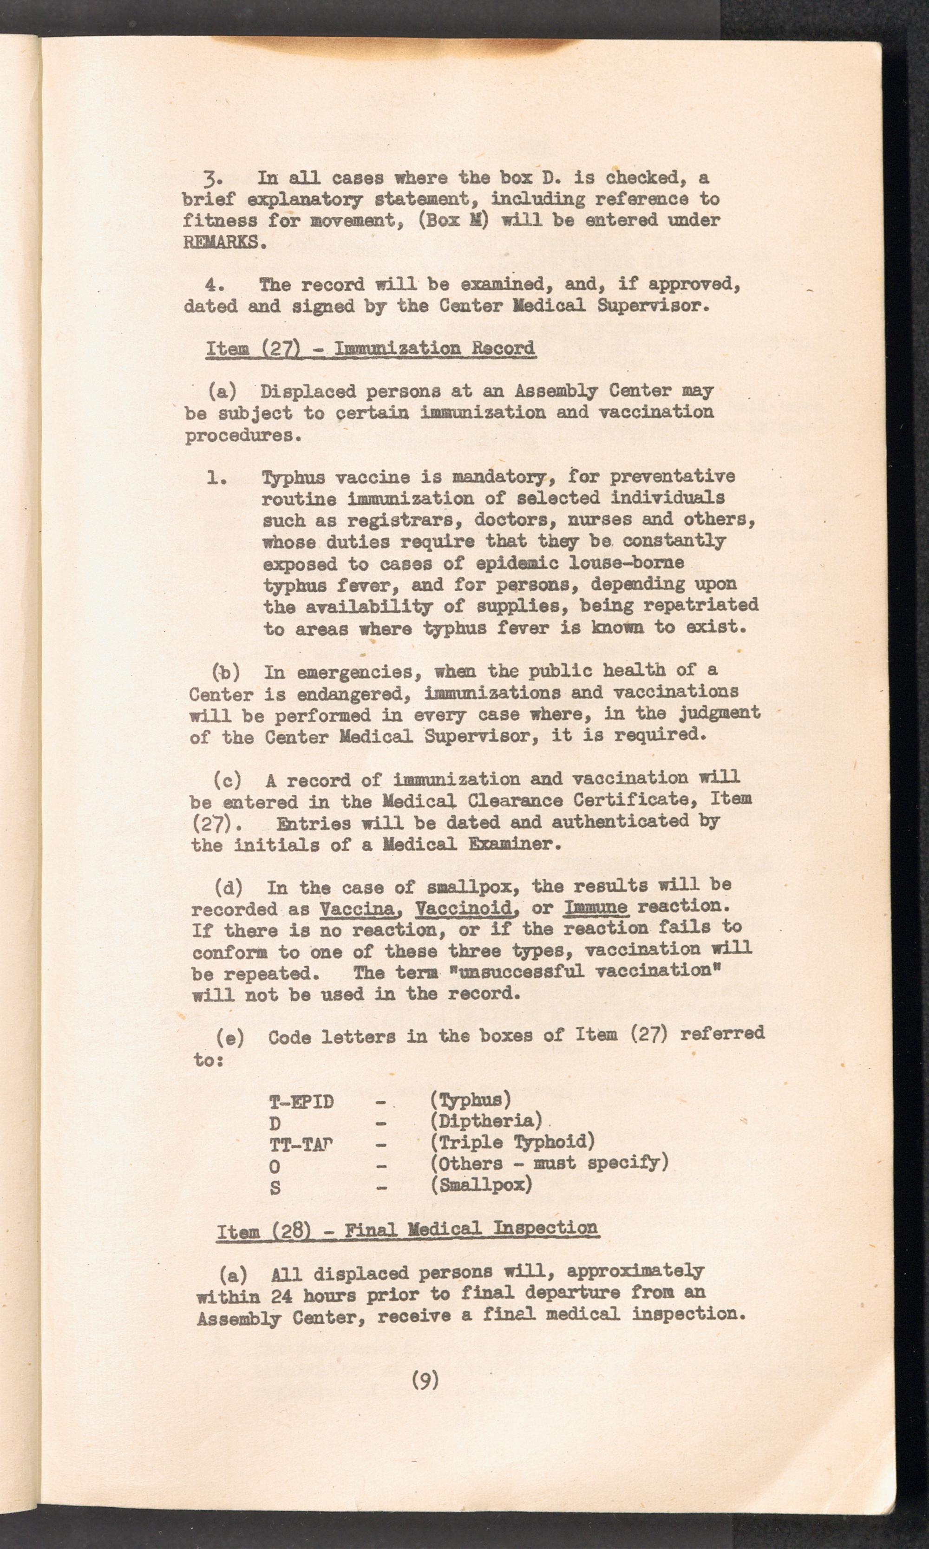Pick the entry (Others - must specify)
coord(549,1163)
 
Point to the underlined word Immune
coord(596,907)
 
